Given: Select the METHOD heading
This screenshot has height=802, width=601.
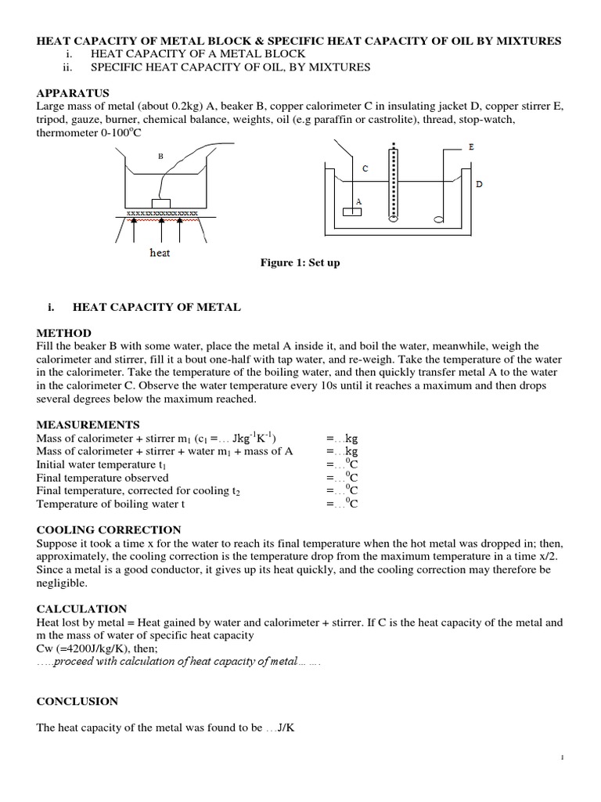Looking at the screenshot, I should (x=63, y=333).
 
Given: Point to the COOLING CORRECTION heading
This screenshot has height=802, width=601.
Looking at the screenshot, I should (x=108, y=530).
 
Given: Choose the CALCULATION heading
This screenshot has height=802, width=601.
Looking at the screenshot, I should (x=81, y=609).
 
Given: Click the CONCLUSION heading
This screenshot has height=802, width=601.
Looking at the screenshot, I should (x=77, y=701).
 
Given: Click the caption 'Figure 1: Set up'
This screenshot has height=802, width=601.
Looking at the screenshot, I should (x=300, y=263).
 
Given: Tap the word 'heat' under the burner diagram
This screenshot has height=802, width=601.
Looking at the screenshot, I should (x=160, y=253).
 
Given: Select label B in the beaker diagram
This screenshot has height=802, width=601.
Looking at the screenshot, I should (x=160, y=156).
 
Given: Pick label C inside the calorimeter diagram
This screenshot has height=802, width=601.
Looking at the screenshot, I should (x=365, y=168).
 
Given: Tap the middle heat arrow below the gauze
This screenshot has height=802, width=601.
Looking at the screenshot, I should (x=160, y=229).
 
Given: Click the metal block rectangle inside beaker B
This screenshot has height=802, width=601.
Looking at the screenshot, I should (x=162, y=204).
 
